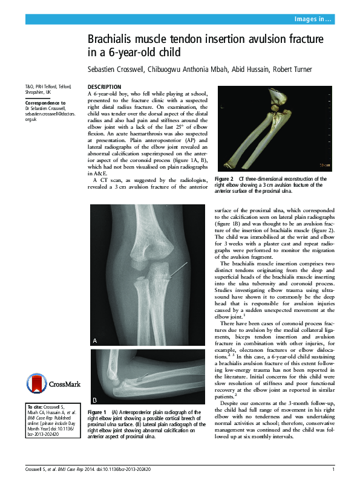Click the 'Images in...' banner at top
[312, 19]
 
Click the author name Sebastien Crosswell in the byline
[116, 69]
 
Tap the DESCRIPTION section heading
[104, 87]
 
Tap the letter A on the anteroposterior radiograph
[95, 341]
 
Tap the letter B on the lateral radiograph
[95, 400]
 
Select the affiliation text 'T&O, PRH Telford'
[42, 88]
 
